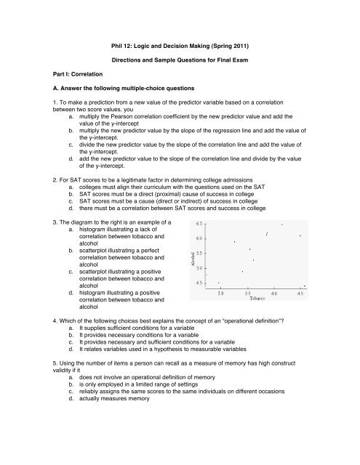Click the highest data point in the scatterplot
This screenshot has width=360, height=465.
point(282,204)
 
